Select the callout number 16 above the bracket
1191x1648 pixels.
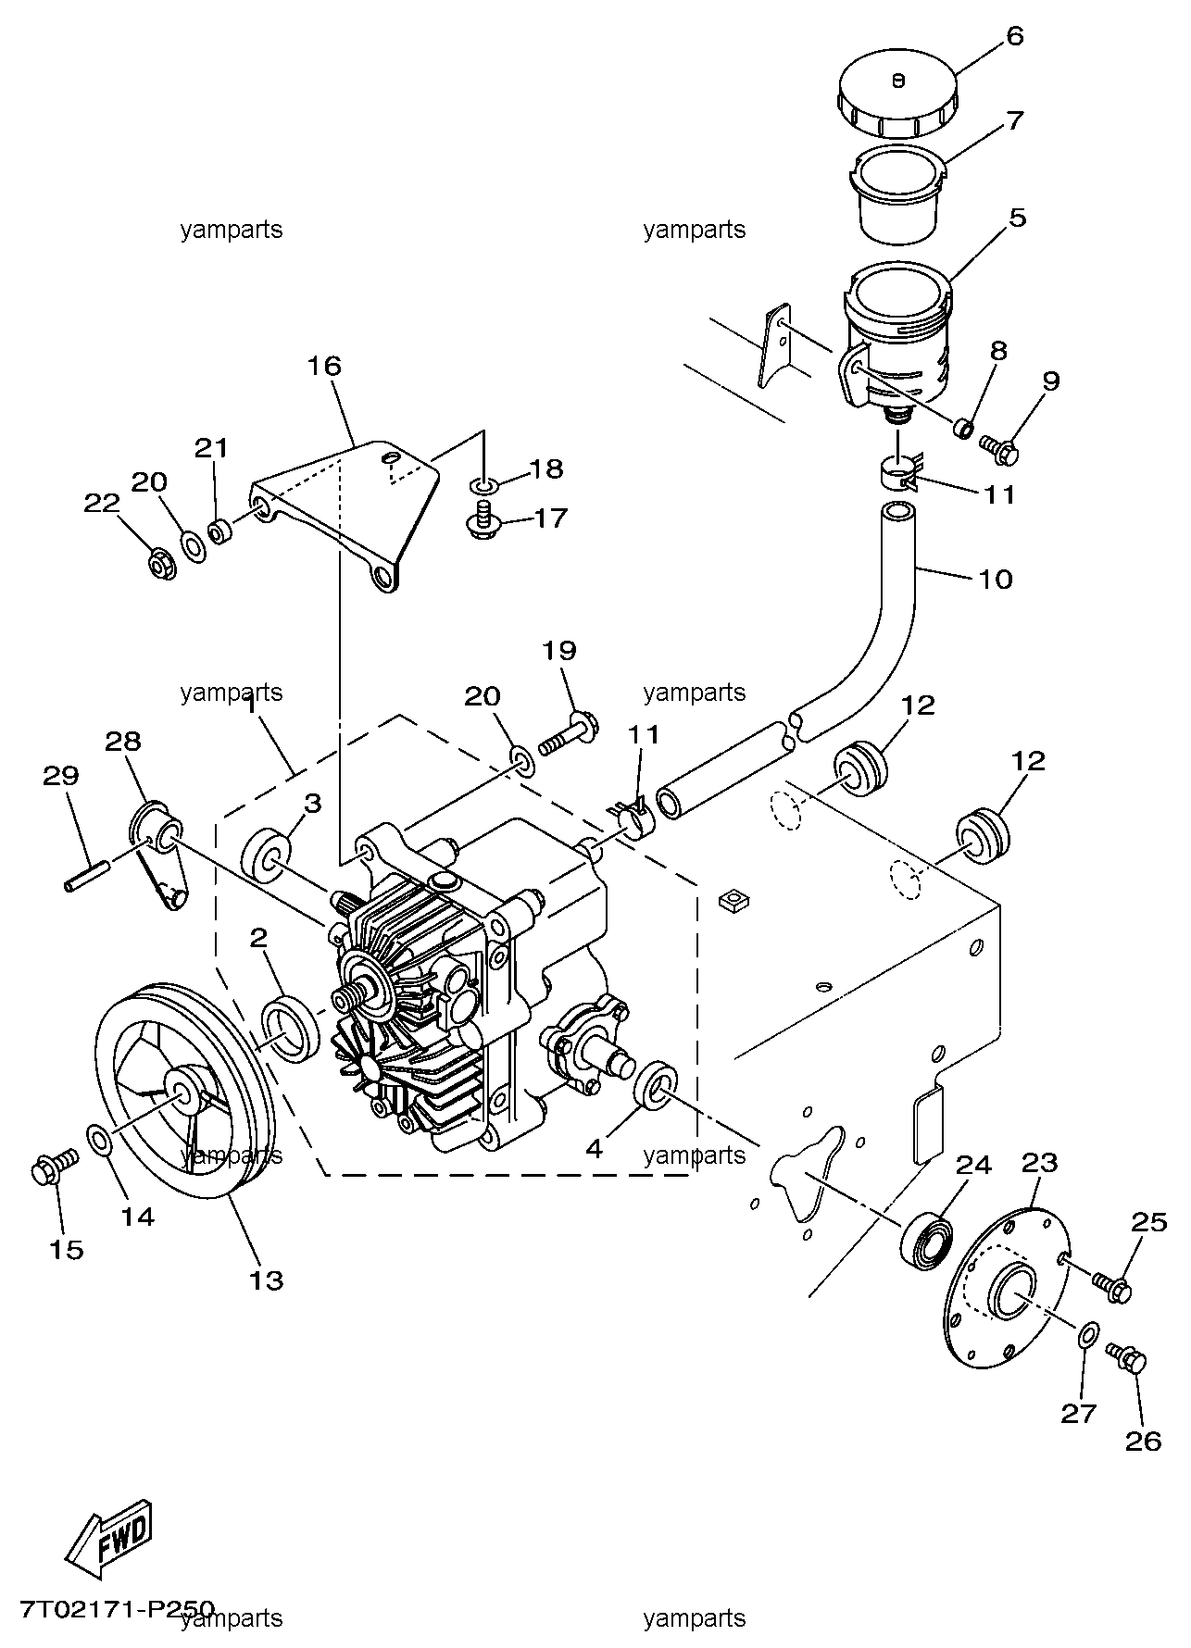pos(325,365)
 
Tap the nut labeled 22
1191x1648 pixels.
pos(163,563)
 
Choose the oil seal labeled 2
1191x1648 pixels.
pos(293,1029)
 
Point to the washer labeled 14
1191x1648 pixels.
pos(101,1141)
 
